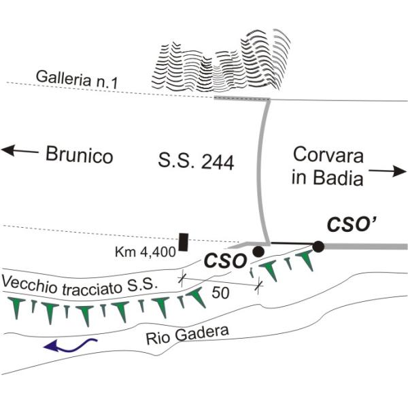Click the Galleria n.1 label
coord(77,80)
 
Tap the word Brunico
coord(79,154)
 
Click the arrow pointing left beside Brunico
coord(20,151)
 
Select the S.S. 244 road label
coord(196,162)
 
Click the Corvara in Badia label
coord(327,166)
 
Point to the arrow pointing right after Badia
coord(388,171)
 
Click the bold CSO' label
coord(351,224)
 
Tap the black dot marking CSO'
coord(318,246)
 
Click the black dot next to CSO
coord(258,252)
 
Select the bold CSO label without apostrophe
coord(225,261)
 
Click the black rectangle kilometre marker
coord(184,242)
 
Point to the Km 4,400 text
coord(146,252)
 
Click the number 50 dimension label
coord(220,292)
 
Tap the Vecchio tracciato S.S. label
coord(80,285)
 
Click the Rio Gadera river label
coord(188,335)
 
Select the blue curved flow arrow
coord(70,345)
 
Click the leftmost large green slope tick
coord(16,307)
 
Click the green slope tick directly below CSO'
coord(307,260)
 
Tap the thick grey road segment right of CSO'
coord(365,246)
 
